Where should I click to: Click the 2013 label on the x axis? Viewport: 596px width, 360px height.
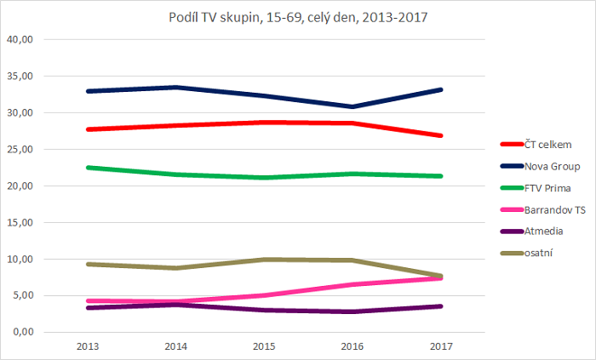coord(86,346)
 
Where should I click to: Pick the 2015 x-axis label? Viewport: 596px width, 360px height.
coord(263,346)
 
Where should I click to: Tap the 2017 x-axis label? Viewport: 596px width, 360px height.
coord(440,346)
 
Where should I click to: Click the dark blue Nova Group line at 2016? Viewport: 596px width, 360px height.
coord(352,106)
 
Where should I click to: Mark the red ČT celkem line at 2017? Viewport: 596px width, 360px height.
coord(440,135)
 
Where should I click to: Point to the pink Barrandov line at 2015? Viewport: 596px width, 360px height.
coord(263,295)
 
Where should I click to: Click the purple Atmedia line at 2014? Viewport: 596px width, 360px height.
coord(175,304)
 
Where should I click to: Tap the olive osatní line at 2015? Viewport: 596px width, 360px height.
coord(263,260)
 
